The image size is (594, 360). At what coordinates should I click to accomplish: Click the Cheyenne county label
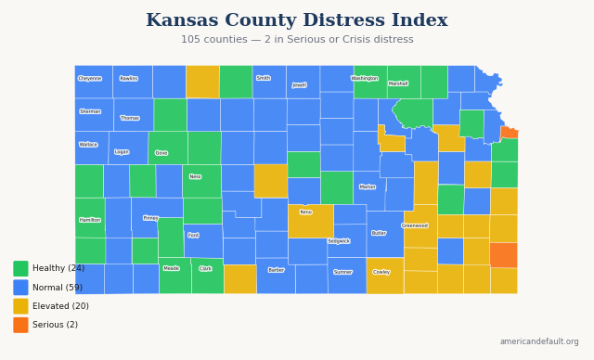90,79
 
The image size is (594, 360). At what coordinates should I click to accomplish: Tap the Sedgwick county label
339,241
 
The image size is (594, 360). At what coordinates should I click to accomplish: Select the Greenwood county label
415,225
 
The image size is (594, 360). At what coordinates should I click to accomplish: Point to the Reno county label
306,212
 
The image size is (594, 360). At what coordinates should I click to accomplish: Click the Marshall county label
398,84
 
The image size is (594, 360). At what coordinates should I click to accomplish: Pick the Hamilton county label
90,220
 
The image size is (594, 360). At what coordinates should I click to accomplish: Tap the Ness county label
195,176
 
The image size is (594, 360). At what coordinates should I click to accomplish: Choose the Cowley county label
381,272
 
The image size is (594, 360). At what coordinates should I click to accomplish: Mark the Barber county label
276,270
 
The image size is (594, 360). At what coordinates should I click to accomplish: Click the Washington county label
365,79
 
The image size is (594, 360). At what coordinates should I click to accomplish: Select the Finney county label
150,218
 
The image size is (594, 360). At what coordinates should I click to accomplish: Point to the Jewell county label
299,84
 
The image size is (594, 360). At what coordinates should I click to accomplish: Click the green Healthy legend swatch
20,268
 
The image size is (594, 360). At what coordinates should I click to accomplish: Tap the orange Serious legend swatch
20,325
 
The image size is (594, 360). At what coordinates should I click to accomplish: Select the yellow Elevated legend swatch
20,306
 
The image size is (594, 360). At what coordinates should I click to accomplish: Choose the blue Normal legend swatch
20,288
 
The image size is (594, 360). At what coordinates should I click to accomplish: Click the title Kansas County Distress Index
297,20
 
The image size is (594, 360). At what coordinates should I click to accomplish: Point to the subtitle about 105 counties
297,40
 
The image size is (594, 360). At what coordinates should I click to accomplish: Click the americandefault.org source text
538,341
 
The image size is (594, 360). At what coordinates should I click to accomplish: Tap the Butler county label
379,233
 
